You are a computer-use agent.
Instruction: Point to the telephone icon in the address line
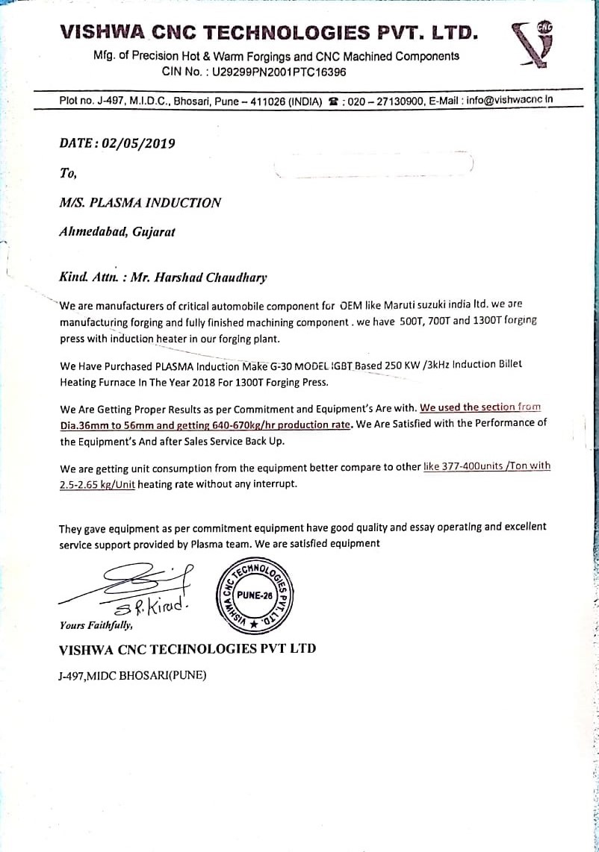tap(332, 101)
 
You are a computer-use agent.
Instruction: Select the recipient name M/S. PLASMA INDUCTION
tap(140, 203)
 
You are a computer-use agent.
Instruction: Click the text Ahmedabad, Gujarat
tap(117, 231)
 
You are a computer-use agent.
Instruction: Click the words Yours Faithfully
tap(96, 625)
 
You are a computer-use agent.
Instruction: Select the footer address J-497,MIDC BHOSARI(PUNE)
tap(132, 676)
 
